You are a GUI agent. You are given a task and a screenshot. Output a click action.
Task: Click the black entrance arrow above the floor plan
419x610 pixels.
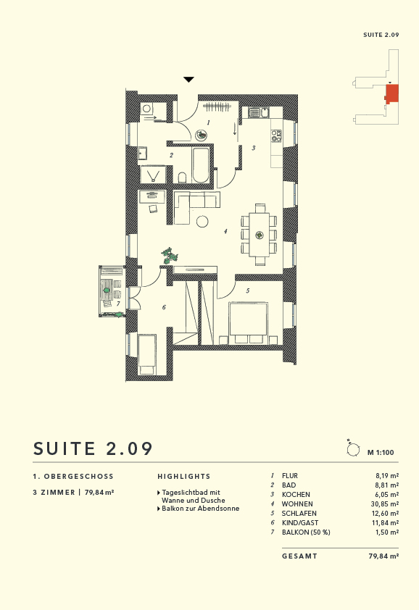click(x=188, y=80)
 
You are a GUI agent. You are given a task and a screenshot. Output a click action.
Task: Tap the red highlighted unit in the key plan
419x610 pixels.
click(x=392, y=93)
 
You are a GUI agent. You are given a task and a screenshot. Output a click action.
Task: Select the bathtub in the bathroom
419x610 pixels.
click(x=201, y=166)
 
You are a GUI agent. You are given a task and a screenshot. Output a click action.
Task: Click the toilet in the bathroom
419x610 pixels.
click(x=183, y=177)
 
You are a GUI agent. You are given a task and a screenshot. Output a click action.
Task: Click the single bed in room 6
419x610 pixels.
click(x=148, y=354)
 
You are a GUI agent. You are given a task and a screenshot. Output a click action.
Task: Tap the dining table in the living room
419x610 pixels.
click(x=260, y=235)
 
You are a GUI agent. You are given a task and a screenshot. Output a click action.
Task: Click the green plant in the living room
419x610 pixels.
click(x=171, y=255)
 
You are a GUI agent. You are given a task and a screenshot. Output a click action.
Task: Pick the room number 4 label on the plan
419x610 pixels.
click(x=225, y=232)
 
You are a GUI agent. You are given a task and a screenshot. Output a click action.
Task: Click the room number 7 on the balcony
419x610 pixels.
click(x=118, y=304)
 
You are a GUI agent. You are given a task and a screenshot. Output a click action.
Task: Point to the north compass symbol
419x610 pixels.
click(x=353, y=449)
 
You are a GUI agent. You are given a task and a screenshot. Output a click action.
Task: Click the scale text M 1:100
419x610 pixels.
click(x=381, y=452)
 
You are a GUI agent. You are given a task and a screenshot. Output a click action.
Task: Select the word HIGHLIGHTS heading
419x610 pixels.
click(x=184, y=477)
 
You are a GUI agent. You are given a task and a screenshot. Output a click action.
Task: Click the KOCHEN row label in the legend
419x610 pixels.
click(x=294, y=494)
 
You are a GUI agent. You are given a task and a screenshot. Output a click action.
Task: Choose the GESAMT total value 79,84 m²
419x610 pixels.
click(x=383, y=556)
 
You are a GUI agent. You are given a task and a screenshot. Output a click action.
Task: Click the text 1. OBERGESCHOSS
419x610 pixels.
click(x=73, y=477)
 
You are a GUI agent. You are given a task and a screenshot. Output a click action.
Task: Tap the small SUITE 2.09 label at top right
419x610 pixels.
click(x=381, y=35)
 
